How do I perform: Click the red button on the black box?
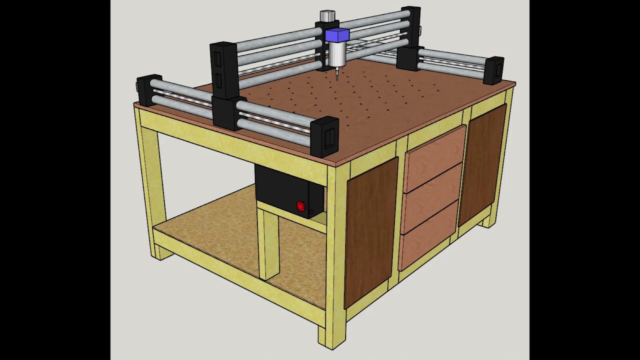coord(300,206)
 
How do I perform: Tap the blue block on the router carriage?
coord(337,35)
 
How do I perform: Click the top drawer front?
coord(434,150)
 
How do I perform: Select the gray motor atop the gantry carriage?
coord(327,15)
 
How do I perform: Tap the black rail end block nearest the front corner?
coord(324,136)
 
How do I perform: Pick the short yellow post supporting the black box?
coord(269,242)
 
